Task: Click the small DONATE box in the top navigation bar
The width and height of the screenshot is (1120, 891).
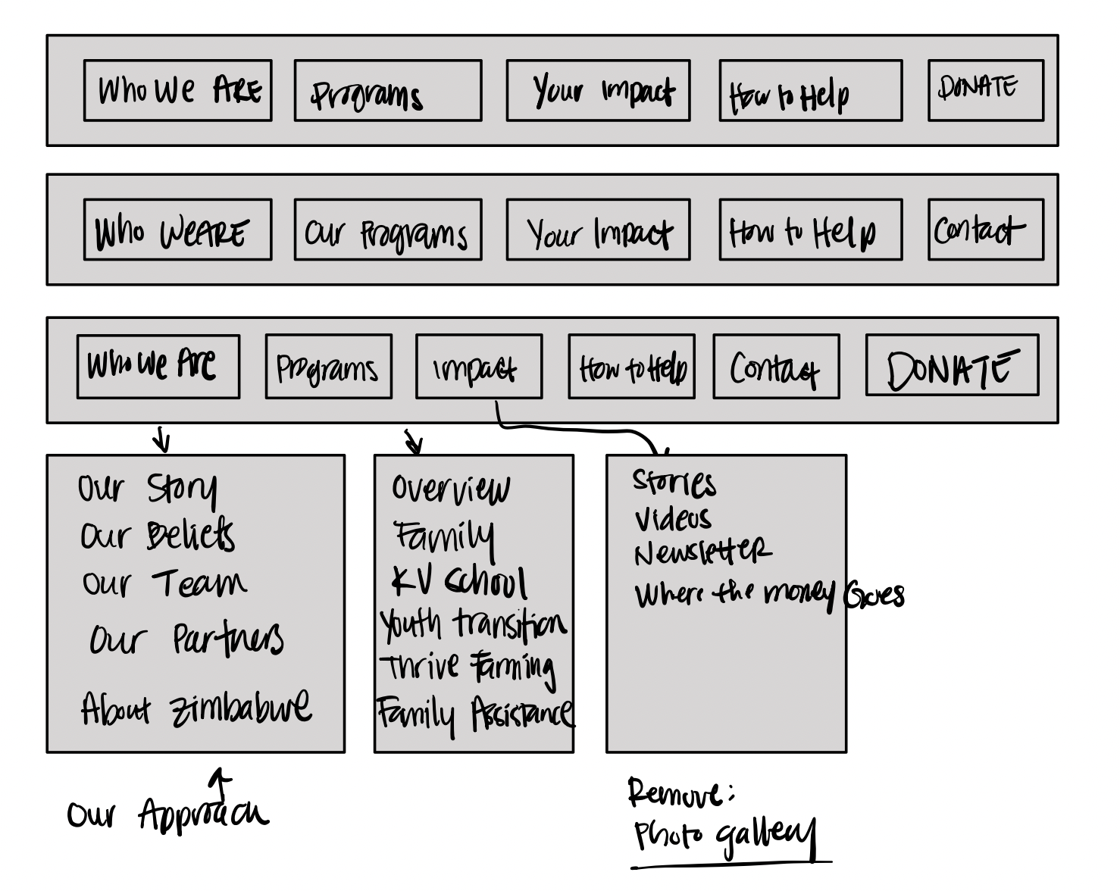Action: [985, 90]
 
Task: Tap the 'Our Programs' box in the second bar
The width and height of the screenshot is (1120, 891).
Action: [388, 230]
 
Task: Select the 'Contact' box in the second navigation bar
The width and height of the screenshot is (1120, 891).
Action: [985, 230]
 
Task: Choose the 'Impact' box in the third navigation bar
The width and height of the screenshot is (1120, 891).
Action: [479, 367]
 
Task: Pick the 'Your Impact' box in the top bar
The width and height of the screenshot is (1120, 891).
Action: [598, 91]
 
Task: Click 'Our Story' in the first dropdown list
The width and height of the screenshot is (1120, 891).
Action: [148, 489]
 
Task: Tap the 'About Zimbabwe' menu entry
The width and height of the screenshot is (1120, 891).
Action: [196, 708]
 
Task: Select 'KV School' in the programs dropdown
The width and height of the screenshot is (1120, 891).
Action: [459, 582]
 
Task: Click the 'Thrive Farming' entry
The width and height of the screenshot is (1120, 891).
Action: [468, 667]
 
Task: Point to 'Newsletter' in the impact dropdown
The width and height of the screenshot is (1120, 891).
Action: [703, 552]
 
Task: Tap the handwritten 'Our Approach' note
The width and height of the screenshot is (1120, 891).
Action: [167, 815]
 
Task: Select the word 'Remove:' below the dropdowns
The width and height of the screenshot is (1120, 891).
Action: [680, 794]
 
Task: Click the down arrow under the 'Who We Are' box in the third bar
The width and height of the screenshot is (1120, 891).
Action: [161, 439]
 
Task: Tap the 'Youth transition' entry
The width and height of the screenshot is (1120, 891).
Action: [474, 624]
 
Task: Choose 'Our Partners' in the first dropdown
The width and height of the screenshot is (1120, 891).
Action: [186, 639]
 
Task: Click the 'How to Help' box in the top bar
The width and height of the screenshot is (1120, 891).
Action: [810, 91]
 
